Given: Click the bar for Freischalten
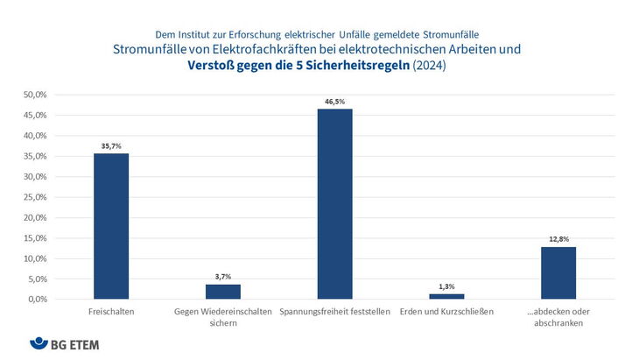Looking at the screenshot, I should pos(111,226).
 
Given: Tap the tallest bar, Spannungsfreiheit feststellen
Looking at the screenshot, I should pos(335,204).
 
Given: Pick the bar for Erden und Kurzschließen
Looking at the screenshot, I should pos(446,296).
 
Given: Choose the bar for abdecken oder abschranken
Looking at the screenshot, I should pos(558,272).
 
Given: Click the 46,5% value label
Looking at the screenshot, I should pos(335,102).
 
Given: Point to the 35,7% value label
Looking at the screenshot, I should pos(111,145).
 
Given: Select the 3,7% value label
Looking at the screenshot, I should pos(223,277).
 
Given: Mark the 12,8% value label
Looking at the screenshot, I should pos(558,239).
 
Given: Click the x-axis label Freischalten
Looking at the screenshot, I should pos(111,312).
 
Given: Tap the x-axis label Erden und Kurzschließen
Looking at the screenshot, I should pos(446,312).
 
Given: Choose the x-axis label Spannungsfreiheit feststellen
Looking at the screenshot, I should pos(335,312).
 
